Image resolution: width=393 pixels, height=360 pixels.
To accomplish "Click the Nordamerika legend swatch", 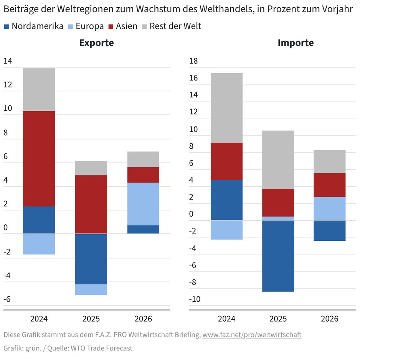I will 6,26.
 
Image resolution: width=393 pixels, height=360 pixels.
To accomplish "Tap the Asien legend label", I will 126,26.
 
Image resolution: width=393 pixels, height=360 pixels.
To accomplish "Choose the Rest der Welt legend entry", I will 175,26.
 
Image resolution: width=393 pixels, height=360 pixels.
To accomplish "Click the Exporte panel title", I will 96,43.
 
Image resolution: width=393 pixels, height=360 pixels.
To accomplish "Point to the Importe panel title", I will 296,43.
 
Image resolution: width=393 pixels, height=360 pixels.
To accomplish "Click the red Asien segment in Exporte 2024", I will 39,158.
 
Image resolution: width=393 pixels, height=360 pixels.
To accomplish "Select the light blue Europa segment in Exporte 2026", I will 143,204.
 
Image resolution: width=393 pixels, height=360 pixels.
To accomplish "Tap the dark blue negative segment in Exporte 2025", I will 91,259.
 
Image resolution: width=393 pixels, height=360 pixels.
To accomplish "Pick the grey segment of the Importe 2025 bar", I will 278,159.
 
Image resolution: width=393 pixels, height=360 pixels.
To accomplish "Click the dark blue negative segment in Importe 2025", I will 278,256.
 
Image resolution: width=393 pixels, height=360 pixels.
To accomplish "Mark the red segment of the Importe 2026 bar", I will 330,185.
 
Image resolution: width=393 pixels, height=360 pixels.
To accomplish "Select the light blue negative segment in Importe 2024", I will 226,230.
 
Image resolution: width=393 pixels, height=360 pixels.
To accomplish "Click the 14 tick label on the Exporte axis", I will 8,61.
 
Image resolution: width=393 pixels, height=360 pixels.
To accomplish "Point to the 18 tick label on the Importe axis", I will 193,61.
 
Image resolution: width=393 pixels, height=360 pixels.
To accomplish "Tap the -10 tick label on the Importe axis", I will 195,299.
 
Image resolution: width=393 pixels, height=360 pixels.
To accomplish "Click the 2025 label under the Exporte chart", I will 91,319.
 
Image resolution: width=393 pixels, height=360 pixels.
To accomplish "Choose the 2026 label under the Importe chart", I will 330,319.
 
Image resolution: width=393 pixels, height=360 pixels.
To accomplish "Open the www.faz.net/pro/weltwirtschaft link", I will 252,335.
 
